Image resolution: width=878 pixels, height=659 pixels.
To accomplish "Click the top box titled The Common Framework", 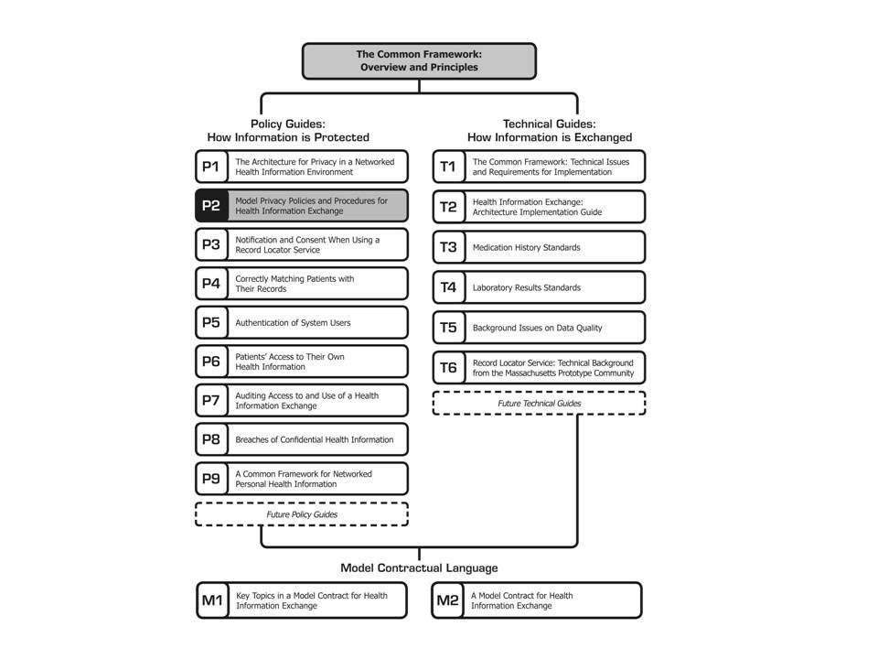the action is click(x=419, y=61).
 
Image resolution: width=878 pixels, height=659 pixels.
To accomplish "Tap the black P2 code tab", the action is click(x=211, y=206).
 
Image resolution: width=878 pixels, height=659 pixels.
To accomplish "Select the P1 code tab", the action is click(x=211, y=167).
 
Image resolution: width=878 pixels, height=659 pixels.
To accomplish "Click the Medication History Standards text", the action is click(x=527, y=247).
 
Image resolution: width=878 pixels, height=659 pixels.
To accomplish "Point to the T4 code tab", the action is click(x=449, y=287).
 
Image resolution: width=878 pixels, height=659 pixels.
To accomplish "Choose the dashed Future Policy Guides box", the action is click(x=302, y=514).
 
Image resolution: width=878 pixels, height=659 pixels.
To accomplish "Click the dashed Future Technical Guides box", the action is click(x=540, y=404).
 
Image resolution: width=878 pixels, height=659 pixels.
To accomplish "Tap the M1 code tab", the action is click(x=213, y=600).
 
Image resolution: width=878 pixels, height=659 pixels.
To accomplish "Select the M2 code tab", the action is click(x=448, y=600).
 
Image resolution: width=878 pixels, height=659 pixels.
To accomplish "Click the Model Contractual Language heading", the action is click(x=419, y=567).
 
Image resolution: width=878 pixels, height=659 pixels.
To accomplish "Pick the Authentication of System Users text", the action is click(x=293, y=323).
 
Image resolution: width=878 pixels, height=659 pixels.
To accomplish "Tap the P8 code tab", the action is click(x=211, y=439).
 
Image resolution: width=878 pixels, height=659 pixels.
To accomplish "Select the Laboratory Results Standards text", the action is click(x=527, y=287).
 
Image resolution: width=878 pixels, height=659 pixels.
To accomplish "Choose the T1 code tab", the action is click(x=449, y=167).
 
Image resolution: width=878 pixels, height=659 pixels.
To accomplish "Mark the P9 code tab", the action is click(x=211, y=479).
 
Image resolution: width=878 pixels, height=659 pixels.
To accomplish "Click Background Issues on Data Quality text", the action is click(x=537, y=328).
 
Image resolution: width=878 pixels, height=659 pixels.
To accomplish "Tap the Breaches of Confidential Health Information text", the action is click(x=314, y=440).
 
